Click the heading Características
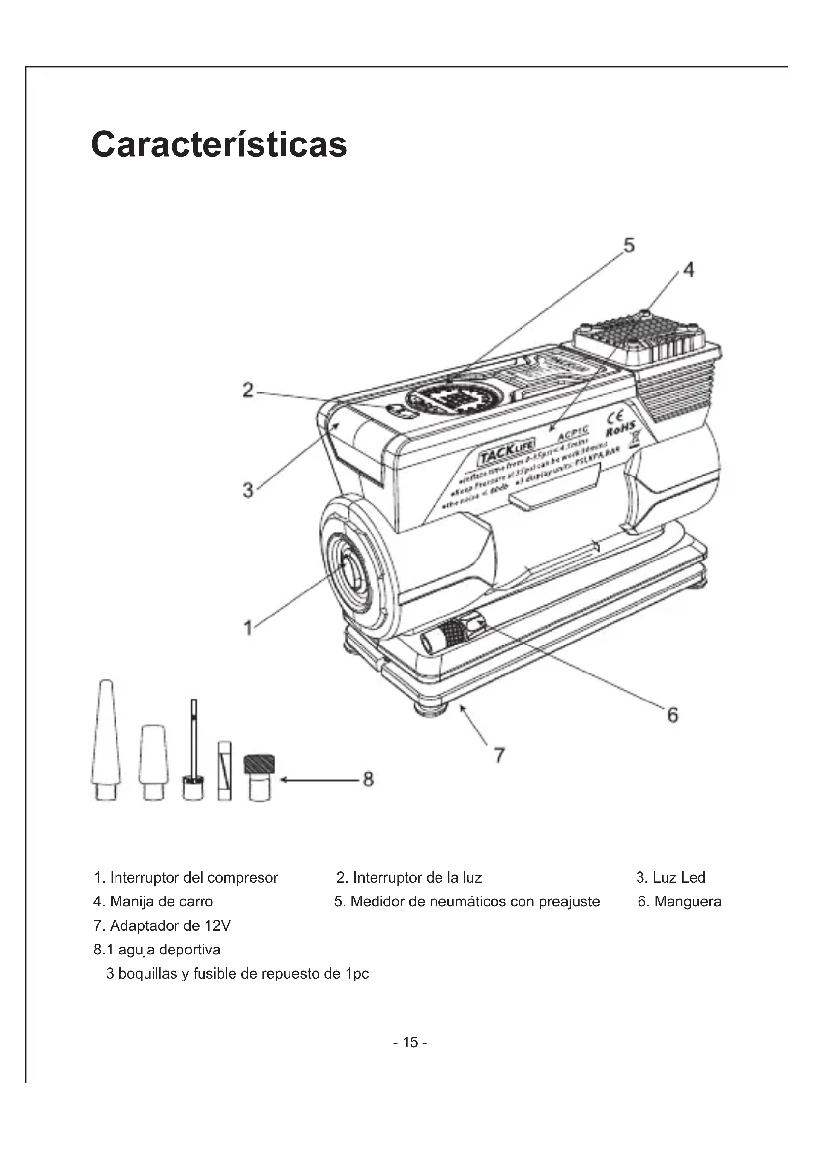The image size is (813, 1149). click(219, 144)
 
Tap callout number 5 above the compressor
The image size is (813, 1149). click(629, 246)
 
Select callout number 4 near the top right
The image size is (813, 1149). click(689, 270)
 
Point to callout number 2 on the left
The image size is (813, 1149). click(248, 390)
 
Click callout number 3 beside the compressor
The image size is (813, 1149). click(248, 490)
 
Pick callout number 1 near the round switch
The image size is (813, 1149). click(248, 627)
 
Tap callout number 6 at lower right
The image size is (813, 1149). click(673, 715)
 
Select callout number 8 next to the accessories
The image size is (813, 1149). click(368, 779)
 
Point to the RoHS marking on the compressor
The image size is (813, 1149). click(621, 428)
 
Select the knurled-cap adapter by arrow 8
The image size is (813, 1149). click(259, 776)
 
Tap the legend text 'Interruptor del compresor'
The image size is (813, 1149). click(193, 878)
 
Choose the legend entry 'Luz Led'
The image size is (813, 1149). click(678, 878)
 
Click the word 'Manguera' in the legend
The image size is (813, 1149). click(687, 902)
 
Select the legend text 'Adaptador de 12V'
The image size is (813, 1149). click(170, 926)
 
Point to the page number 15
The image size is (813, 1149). click(410, 1042)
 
